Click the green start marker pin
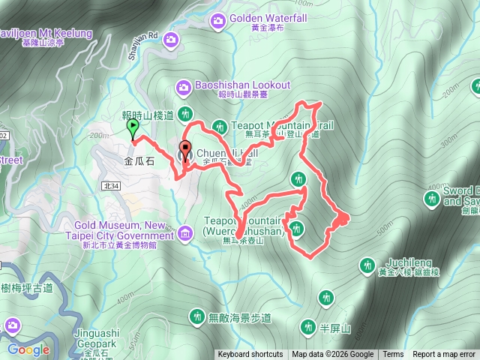(x=133, y=128)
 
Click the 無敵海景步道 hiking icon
(x=196, y=316)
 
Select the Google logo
(x=28, y=349)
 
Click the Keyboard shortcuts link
(x=250, y=355)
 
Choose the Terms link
(x=393, y=355)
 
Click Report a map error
(x=444, y=355)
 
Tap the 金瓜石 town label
(x=139, y=160)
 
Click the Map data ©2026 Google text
(x=333, y=355)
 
